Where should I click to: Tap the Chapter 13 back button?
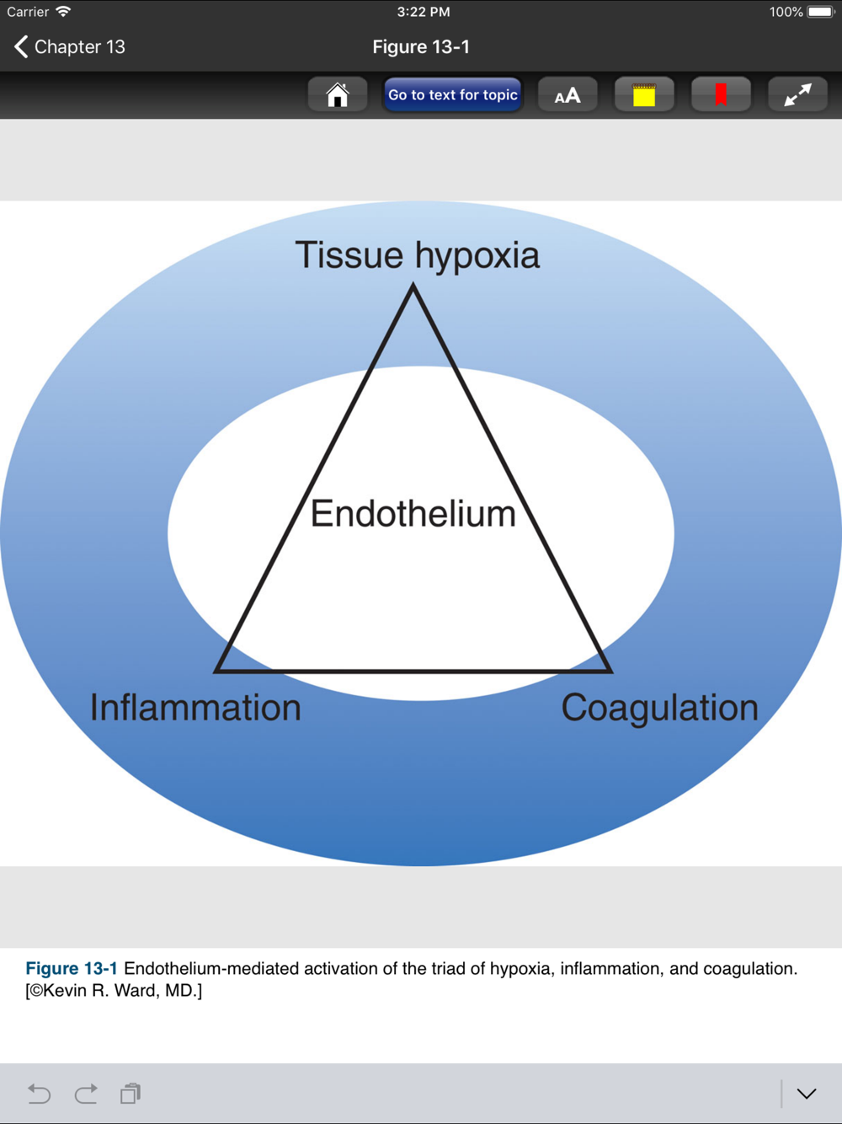click(70, 46)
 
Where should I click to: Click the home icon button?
click(338, 94)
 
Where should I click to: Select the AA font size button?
click(568, 94)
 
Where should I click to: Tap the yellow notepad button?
click(644, 94)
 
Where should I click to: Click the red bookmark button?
click(721, 94)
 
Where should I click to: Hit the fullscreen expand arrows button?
click(797, 94)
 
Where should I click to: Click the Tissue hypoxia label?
click(418, 256)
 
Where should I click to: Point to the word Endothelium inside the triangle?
click(413, 514)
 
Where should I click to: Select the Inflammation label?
click(195, 707)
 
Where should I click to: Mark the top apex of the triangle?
click(413, 285)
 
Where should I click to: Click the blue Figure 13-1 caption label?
click(72, 968)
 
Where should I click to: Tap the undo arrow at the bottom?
click(39, 1094)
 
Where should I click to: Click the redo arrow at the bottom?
click(85, 1094)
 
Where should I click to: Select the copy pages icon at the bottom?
click(131, 1094)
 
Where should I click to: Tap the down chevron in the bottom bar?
click(807, 1095)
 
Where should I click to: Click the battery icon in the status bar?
click(821, 12)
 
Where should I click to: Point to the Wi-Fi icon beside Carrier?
click(63, 11)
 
